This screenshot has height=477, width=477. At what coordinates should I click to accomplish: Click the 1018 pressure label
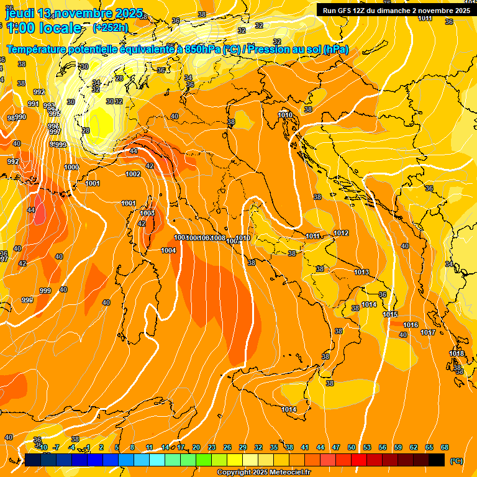457,353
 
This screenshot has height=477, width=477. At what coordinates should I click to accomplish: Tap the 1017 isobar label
428,332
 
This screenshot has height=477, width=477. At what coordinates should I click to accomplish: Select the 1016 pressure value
411,325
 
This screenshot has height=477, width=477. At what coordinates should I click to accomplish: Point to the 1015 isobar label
390,314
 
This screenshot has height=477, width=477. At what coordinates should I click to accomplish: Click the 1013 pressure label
361,273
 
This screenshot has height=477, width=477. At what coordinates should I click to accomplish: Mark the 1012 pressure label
341,233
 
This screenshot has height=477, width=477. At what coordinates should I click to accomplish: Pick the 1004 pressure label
168,250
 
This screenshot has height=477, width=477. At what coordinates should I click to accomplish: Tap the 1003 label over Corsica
147,213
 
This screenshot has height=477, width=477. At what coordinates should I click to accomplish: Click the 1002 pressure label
133,175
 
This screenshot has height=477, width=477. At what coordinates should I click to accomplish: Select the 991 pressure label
34,104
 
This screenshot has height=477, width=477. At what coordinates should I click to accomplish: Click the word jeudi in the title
20,13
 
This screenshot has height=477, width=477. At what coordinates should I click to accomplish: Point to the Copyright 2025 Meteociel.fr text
263,472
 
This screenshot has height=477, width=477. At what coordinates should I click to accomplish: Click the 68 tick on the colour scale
445,447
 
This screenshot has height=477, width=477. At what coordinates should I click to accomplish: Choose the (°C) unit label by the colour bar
456,460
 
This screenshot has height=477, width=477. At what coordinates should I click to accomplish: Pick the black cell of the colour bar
437,460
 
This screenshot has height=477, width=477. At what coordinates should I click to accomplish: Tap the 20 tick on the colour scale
196,447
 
